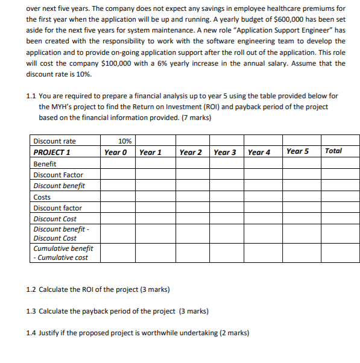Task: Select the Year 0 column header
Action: tap(116, 152)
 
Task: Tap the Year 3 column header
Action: tap(225, 152)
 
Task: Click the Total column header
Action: tap(333, 151)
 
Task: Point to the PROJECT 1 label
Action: tap(52, 152)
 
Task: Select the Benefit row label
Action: tap(45, 163)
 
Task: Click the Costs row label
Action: tap(42, 197)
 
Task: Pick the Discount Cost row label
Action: tap(55, 219)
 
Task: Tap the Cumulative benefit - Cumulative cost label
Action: tap(63, 253)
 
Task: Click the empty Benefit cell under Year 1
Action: tap(155, 163)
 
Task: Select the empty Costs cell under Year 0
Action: tap(117, 197)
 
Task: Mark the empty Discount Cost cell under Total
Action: tap(340, 219)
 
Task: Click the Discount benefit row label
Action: tap(59, 186)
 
